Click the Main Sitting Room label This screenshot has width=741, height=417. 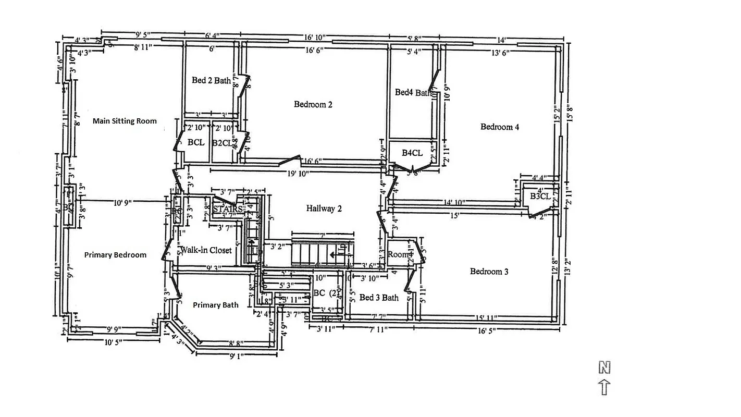(x=125, y=121)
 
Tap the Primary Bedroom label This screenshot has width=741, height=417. (x=115, y=255)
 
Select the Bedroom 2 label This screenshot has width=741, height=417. (x=313, y=104)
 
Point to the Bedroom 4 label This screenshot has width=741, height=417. (x=500, y=127)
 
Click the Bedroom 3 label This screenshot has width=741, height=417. (x=489, y=271)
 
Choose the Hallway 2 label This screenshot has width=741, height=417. (x=324, y=208)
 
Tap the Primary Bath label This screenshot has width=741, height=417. (x=216, y=305)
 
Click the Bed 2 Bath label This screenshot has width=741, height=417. (x=211, y=80)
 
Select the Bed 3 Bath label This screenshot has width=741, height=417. (x=379, y=298)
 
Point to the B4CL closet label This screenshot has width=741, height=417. (x=412, y=153)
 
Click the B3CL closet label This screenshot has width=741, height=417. (x=540, y=197)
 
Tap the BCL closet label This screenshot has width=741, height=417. (x=196, y=142)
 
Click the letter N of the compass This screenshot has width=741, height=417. (x=604, y=368)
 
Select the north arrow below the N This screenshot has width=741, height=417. (x=604, y=387)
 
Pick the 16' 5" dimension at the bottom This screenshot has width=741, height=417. (x=488, y=329)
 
